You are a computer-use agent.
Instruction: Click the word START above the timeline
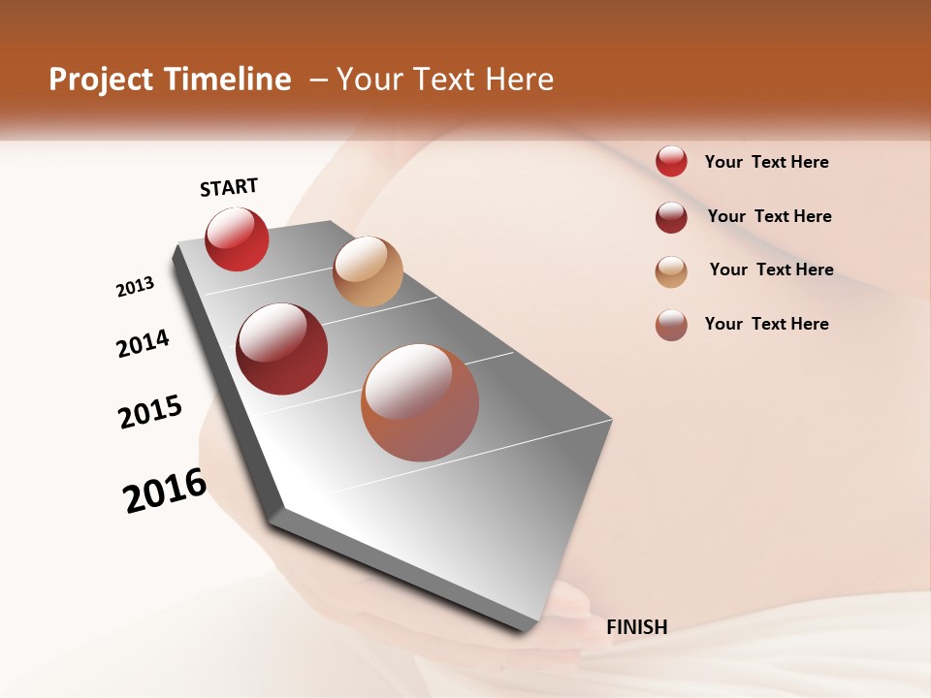point(229,187)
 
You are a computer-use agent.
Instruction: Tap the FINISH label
point(636,627)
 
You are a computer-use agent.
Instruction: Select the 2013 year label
point(135,287)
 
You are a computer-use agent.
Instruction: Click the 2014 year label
point(143,343)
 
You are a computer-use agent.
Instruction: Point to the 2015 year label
point(150,412)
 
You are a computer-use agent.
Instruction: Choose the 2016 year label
point(165,491)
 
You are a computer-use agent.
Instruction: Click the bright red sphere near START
point(237,238)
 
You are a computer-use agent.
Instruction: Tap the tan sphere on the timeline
point(368,271)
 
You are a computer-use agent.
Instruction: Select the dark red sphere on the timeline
point(282,349)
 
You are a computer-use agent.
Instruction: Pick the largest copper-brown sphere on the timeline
point(420,402)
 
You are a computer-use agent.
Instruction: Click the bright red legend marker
point(671,162)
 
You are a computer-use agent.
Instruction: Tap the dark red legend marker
point(671,217)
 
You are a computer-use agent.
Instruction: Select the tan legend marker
point(671,271)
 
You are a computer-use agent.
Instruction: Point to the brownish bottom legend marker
point(671,325)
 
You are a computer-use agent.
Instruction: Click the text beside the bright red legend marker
point(766,162)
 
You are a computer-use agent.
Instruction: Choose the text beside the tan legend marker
point(771,270)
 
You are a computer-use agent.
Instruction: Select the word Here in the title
point(519,79)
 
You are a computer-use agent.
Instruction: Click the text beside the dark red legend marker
point(769,216)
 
